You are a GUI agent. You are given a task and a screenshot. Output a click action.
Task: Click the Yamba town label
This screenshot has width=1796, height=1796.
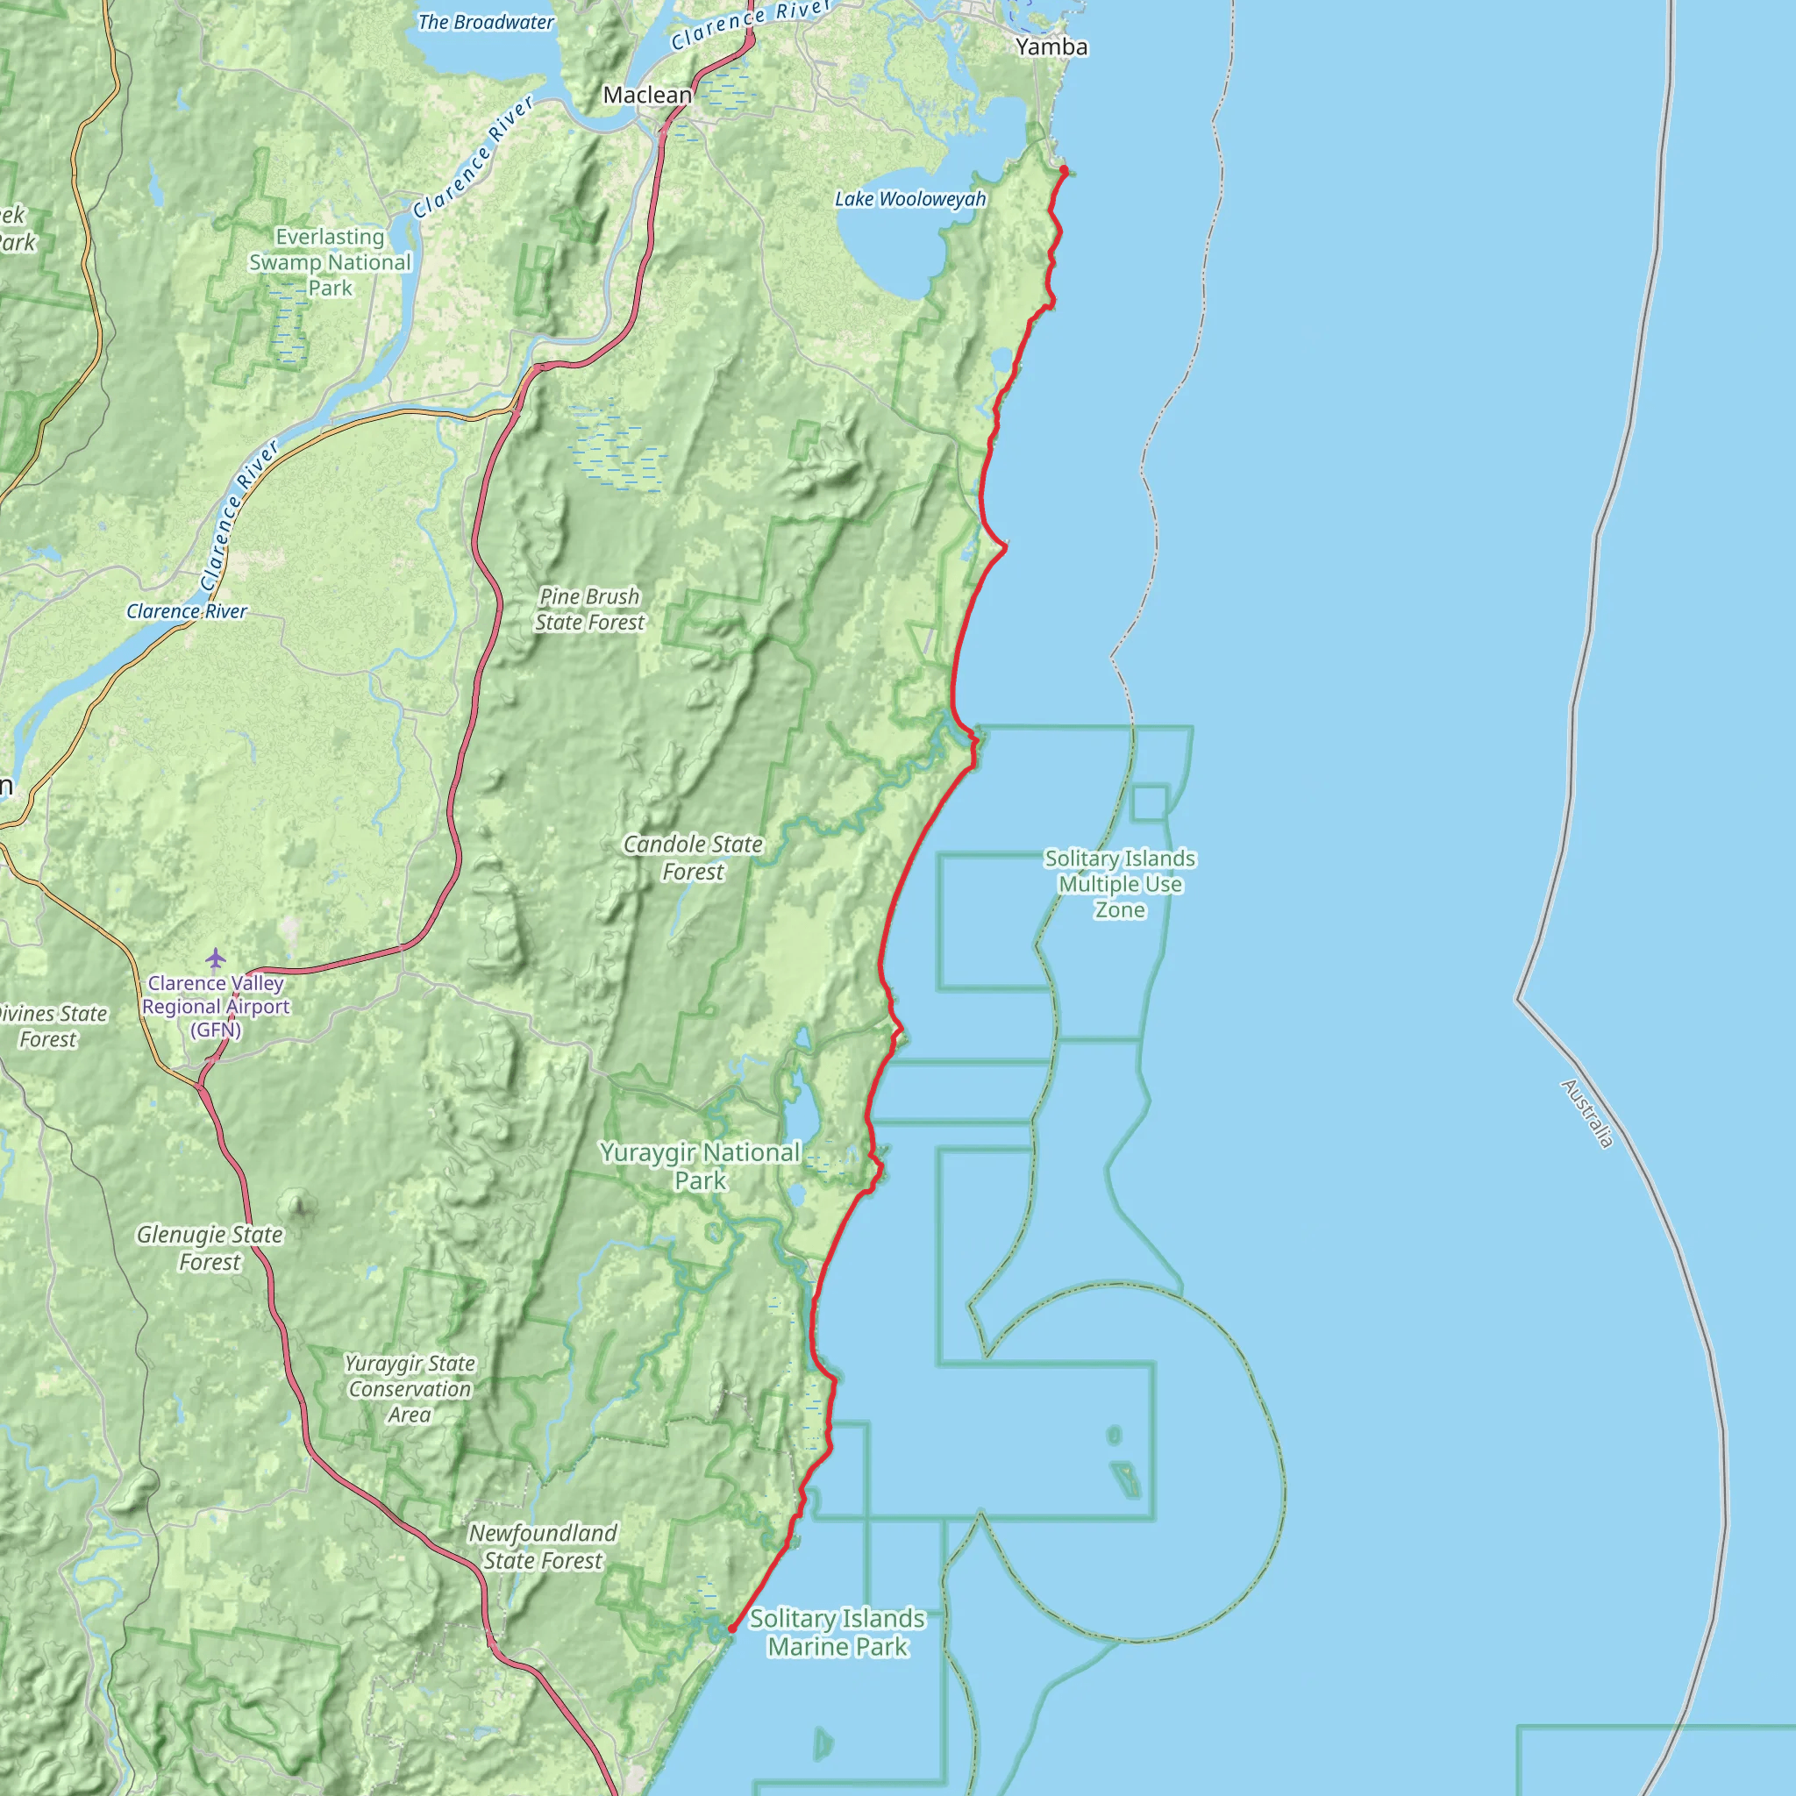[x=1051, y=46]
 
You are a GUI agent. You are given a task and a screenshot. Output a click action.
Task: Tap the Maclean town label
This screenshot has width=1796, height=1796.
[x=647, y=95]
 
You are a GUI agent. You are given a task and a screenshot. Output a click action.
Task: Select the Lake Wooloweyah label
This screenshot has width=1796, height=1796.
[x=910, y=199]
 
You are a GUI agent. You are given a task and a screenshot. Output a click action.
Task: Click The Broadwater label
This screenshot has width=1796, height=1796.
[x=485, y=22]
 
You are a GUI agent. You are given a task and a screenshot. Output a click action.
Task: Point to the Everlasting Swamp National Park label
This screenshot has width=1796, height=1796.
[x=330, y=262]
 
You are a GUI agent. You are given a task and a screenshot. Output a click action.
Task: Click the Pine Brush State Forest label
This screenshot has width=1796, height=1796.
[x=589, y=609]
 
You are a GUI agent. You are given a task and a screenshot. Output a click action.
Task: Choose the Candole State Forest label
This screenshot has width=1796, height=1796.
[x=693, y=857]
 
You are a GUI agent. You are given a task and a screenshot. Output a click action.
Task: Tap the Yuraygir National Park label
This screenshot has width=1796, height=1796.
[x=700, y=1165]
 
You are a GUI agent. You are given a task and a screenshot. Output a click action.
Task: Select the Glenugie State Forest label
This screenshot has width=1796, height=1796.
[x=210, y=1248]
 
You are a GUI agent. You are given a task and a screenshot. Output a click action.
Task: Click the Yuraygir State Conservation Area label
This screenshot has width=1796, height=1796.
[x=410, y=1389]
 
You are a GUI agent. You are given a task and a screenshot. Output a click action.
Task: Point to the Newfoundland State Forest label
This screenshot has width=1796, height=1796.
[x=543, y=1547]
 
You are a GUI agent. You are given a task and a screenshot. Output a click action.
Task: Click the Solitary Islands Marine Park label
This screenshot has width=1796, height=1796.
[x=837, y=1632]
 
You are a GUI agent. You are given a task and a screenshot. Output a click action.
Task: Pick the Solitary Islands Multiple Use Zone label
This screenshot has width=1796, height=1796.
[x=1119, y=883]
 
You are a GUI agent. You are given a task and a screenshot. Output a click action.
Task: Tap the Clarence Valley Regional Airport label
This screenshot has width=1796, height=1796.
[x=216, y=1007]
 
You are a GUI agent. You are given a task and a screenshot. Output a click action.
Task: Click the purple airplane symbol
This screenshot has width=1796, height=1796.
[x=216, y=958]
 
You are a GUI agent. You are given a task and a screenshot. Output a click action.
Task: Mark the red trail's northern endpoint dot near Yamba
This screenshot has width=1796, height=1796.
[x=1064, y=170]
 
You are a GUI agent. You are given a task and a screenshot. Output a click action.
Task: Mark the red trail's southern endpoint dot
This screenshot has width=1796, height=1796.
[x=731, y=1629]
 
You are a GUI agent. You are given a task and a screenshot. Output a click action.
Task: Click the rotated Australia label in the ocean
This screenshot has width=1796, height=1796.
[x=1586, y=1113]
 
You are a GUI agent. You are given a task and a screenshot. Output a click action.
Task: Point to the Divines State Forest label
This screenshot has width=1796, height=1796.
[x=50, y=1026]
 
